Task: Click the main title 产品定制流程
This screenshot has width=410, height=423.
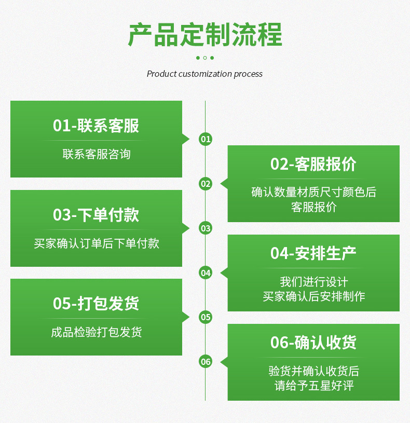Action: [205, 35]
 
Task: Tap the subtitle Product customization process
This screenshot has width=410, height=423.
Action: [204, 74]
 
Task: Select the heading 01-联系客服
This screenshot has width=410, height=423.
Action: [96, 126]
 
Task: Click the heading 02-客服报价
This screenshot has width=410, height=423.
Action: [313, 164]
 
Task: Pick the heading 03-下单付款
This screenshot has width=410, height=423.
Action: [96, 215]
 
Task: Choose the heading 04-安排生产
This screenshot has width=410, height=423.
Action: [313, 253]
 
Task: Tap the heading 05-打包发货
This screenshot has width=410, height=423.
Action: [96, 304]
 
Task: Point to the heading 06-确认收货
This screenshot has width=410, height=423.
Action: [313, 343]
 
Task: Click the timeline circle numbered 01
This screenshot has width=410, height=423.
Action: [206, 139]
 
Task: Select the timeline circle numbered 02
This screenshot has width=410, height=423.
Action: [206, 184]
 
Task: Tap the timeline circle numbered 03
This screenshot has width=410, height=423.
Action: [206, 228]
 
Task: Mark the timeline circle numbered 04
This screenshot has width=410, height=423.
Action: [206, 272]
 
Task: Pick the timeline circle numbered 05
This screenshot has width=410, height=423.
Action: [206, 317]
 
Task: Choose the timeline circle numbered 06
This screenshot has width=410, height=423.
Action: [206, 362]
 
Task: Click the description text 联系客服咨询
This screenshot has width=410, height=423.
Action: [97, 154]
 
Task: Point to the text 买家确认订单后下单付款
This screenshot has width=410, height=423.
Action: [97, 243]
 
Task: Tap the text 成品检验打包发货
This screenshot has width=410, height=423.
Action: [97, 332]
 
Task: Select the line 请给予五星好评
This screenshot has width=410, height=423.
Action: [313, 386]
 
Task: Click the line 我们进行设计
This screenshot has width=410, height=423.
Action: [313, 282]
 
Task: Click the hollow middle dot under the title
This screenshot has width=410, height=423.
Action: [205, 58]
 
